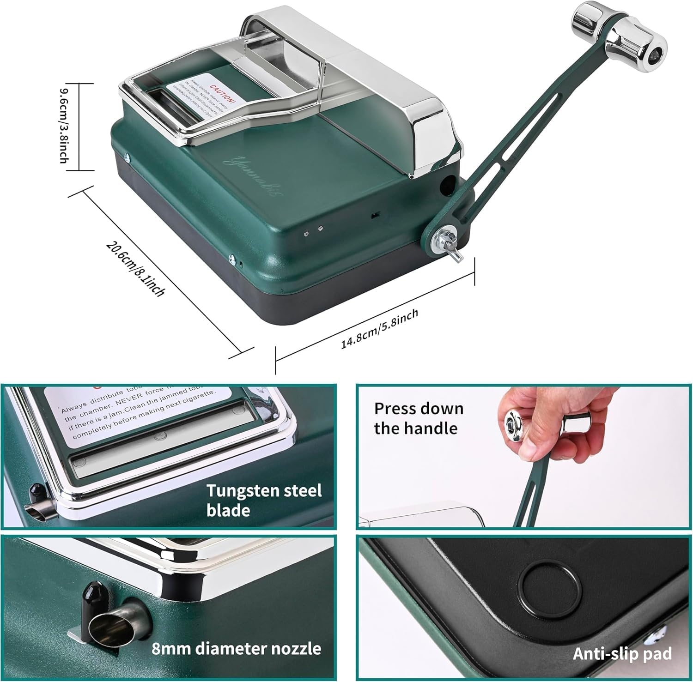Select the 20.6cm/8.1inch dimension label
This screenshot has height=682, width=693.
[x=134, y=268]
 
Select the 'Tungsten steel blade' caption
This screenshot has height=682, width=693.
[x=264, y=500]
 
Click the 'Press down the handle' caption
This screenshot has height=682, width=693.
[x=419, y=418]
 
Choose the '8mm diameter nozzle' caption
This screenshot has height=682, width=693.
[x=236, y=648]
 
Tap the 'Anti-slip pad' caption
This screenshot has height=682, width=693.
[x=622, y=653]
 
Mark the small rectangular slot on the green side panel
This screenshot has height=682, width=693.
[x=375, y=215]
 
